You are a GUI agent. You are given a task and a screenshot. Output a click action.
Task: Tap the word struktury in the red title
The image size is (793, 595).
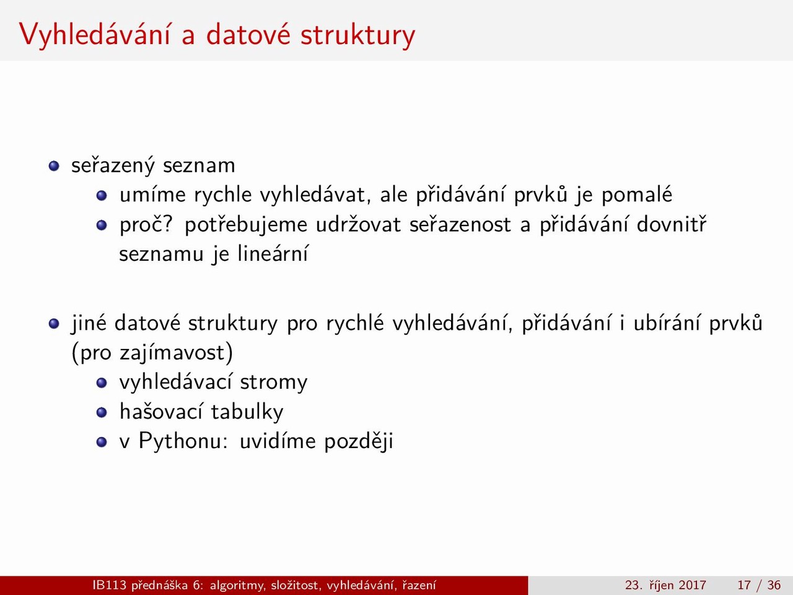click(357, 36)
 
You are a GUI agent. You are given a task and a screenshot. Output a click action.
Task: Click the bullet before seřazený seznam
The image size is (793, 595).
click(54, 166)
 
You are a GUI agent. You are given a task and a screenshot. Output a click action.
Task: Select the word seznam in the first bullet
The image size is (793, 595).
click(199, 166)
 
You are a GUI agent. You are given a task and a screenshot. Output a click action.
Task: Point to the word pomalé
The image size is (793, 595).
click(636, 195)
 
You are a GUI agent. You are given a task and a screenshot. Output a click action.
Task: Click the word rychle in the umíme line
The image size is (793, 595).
click(222, 195)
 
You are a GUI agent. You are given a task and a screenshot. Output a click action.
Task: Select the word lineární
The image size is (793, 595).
click(273, 253)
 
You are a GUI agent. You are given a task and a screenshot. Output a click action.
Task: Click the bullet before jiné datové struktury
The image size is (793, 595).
click(54, 324)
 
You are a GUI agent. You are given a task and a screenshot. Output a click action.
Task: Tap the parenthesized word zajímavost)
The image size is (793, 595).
click(177, 353)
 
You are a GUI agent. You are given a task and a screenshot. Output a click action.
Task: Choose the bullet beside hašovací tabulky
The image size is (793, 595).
click(102, 412)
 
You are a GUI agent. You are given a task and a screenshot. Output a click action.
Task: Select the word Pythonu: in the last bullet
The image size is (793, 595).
click(183, 441)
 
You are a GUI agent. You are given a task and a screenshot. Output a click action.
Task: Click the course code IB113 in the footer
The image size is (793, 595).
click(110, 585)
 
